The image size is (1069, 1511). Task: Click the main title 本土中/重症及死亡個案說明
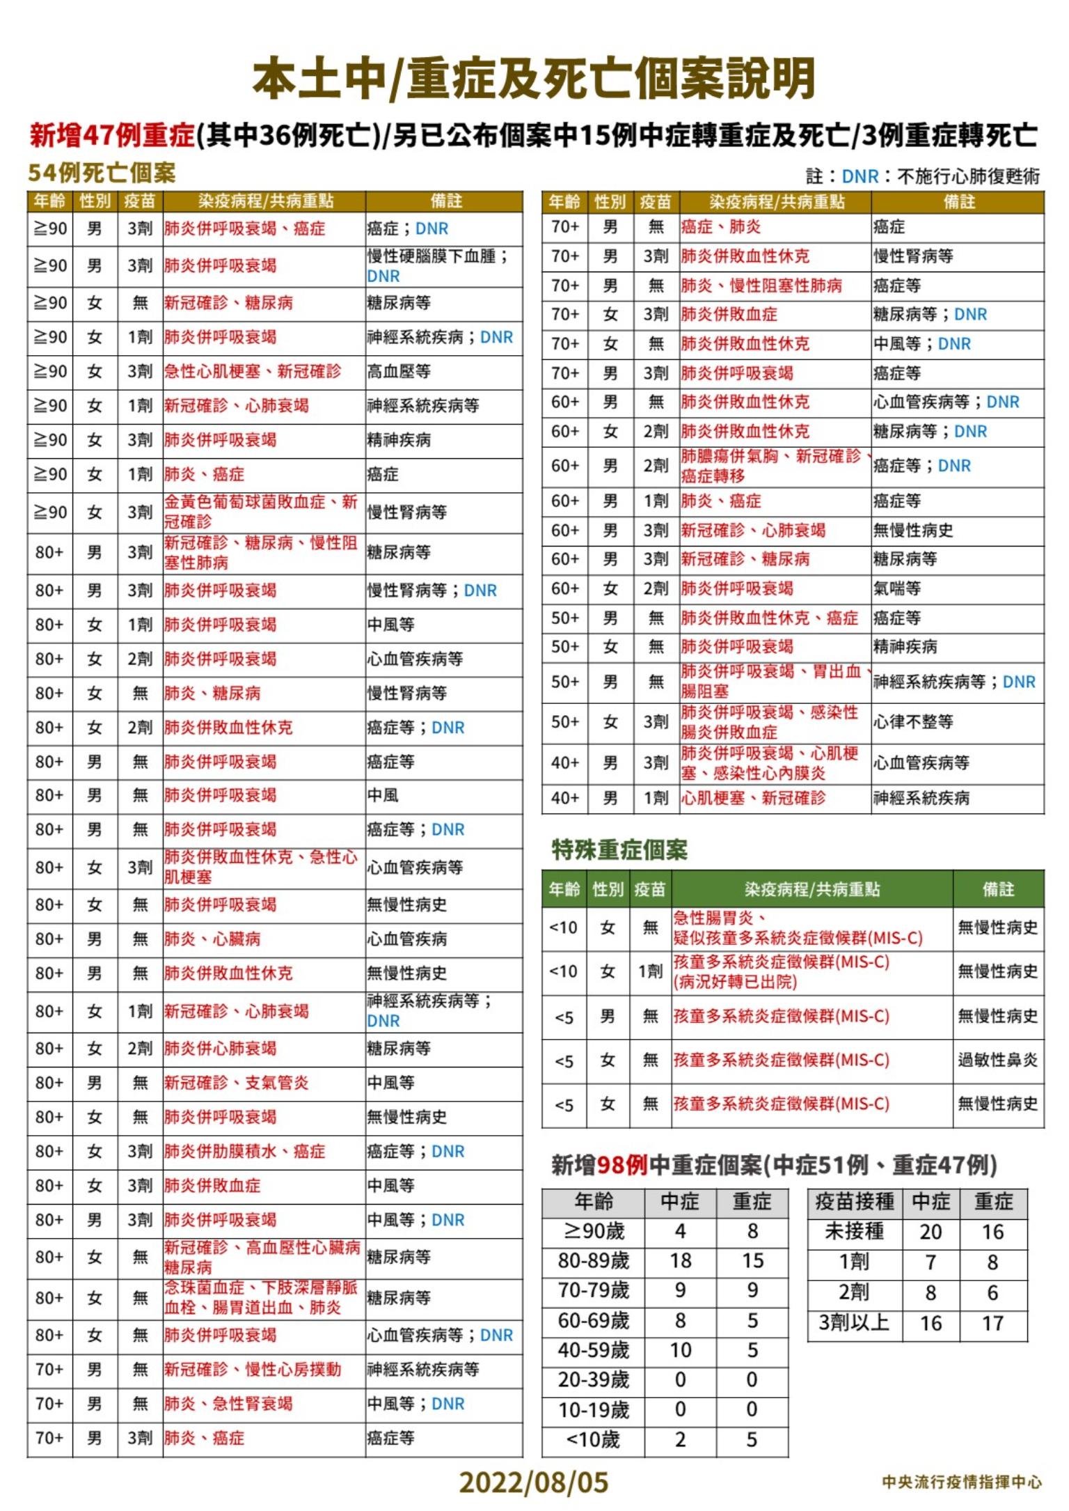[534, 79]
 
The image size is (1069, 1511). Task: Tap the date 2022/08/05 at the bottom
[533, 1482]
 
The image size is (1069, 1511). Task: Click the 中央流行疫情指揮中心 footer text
[962, 1482]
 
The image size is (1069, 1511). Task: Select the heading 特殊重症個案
[619, 850]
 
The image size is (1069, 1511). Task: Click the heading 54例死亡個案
[102, 173]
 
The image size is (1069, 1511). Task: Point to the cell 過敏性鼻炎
[997, 1060]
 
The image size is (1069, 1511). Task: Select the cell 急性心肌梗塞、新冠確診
[253, 371]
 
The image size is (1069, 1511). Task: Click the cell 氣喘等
[897, 588]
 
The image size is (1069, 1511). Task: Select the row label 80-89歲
[593, 1260]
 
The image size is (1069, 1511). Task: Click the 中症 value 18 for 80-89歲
[680, 1260]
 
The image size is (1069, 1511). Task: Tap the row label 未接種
[854, 1231]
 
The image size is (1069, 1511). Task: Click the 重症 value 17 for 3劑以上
[992, 1323]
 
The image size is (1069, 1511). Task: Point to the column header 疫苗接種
[854, 1201]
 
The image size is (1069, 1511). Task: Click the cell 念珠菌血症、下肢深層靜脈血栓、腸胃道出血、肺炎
[262, 1297]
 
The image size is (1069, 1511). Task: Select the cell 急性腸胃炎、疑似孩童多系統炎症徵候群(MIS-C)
[798, 927]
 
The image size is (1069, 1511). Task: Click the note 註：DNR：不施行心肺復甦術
[923, 176]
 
